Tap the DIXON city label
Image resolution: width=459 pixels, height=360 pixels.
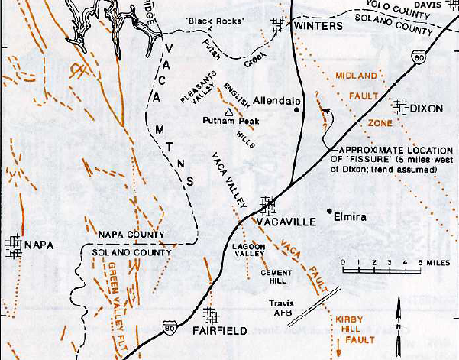click(426, 109)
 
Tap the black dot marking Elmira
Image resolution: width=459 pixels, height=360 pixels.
click(328, 210)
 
